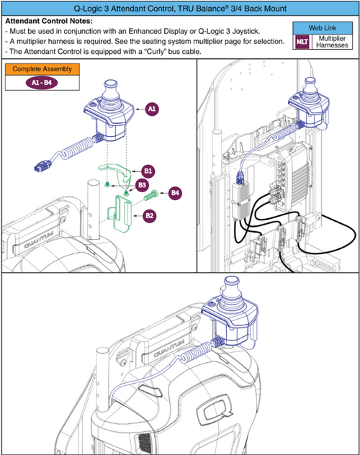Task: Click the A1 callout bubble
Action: [152, 109]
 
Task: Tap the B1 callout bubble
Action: [148, 171]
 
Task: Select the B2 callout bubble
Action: [148, 215]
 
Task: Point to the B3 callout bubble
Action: [133, 185]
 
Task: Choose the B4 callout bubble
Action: [176, 193]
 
